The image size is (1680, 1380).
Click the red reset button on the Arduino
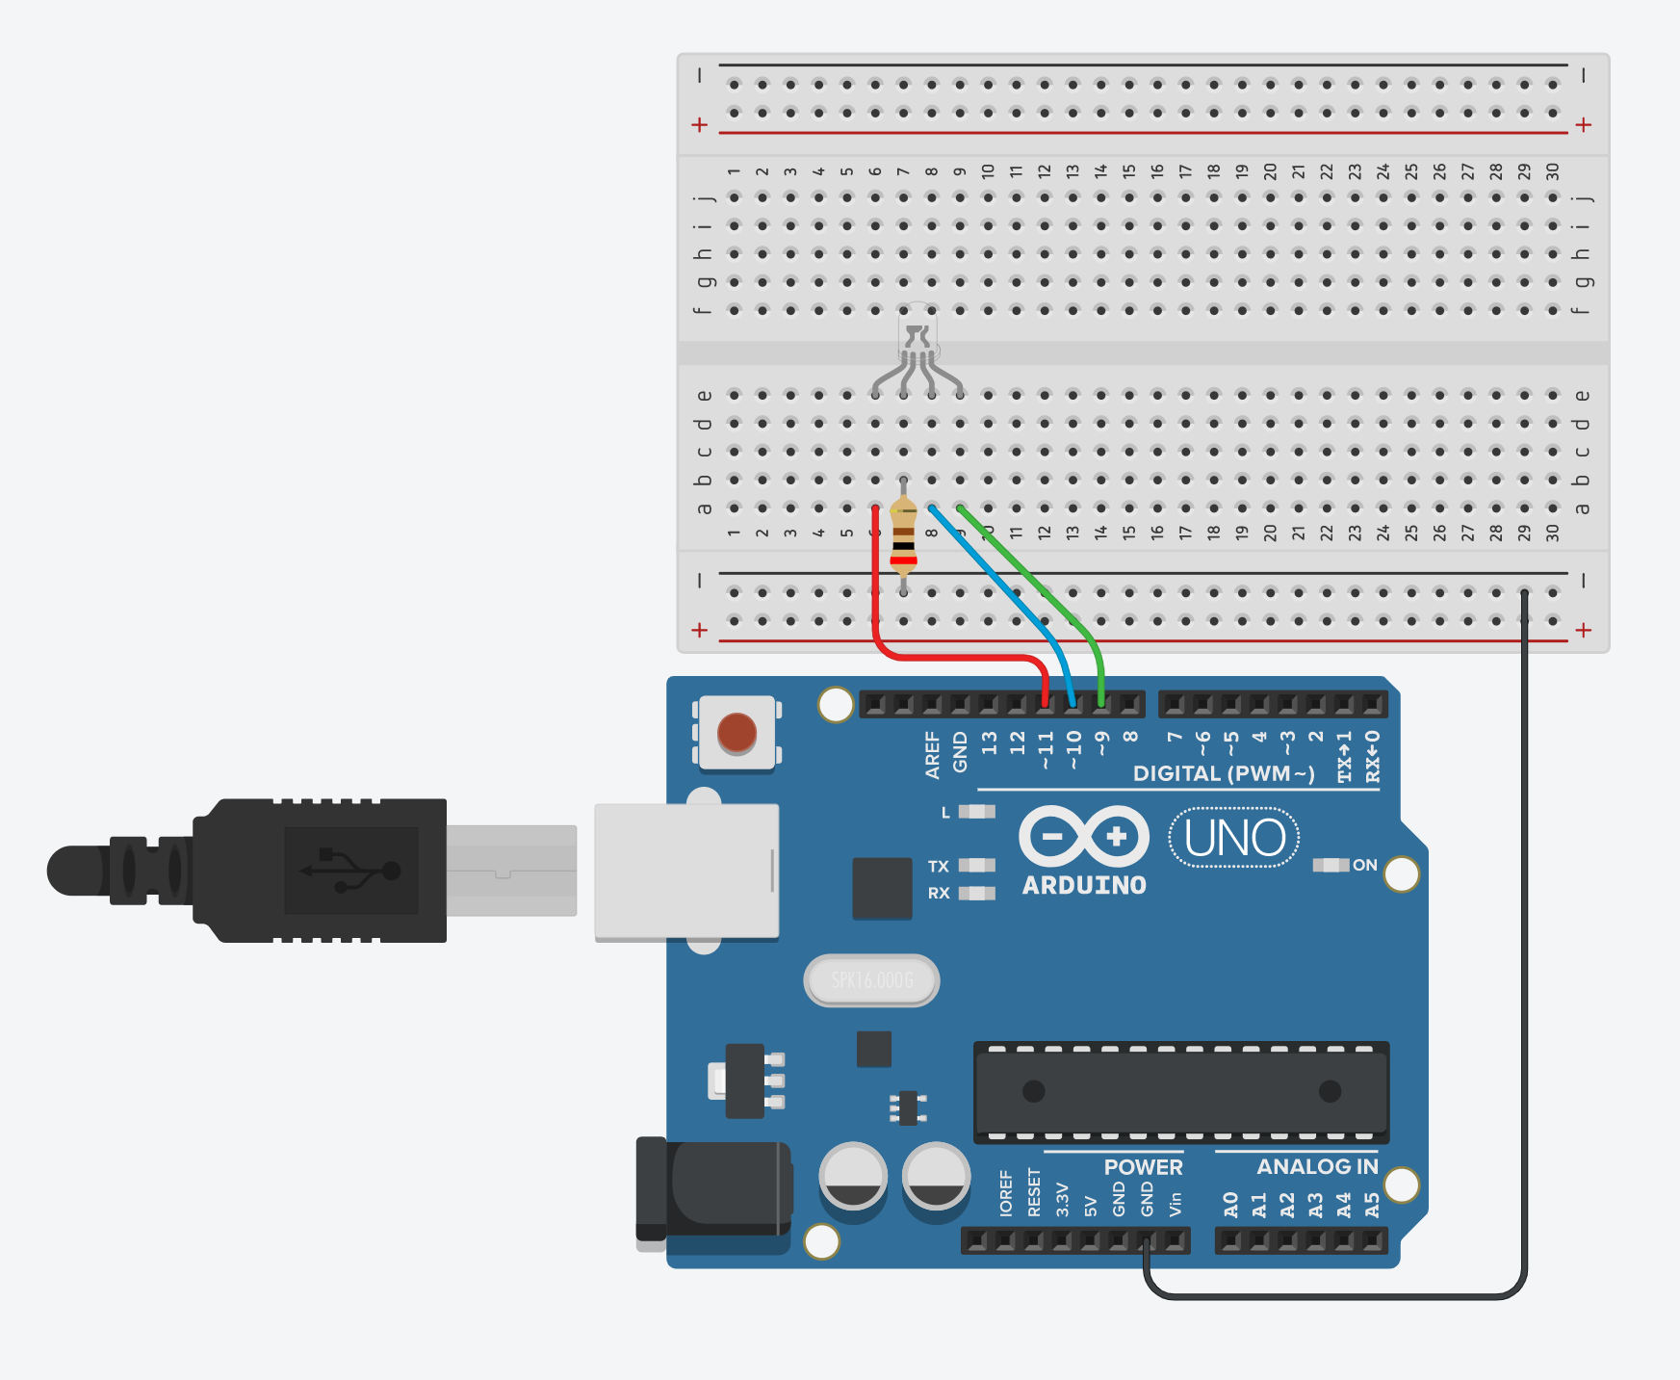[x=737, y=733]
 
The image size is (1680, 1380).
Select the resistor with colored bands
[x=903, y=539]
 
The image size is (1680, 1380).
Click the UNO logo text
[x=1234, y=838]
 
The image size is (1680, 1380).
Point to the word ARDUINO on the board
[x=1084, y=886]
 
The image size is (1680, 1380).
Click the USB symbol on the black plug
[x=351, y=870]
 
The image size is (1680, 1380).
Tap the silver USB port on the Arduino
[x=685, y=871]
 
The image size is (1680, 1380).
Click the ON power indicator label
[x=1364, y=865]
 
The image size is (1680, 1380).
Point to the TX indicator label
[x=939, y=867]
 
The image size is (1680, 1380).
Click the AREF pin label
[x=932, y=754]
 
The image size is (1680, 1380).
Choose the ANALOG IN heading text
[x=1317, y=1166]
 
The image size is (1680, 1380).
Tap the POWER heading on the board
[x=1143, y=1167]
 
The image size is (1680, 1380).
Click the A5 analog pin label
[x=1372, y=1205]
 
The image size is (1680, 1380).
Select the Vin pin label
[x=1175, y=1205]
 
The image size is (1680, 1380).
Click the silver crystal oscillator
[x=871, y=980]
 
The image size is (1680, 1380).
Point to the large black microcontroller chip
[x=1181, y=1091]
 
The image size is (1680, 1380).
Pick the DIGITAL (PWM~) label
[x=1223, y=773]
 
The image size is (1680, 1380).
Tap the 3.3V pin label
[x=1062, y=1200]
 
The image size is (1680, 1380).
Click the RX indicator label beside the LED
[x=939, y=894]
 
